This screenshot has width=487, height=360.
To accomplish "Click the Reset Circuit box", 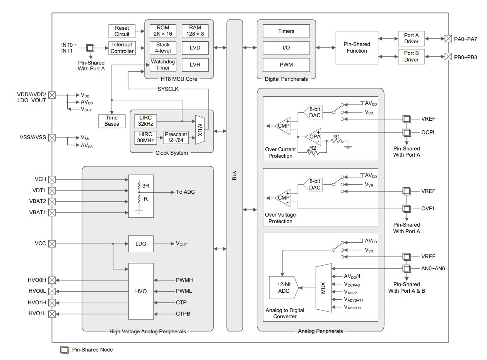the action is pyautogui.click(x=121, y=31).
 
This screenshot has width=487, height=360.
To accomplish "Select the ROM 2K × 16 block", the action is pyautogui.click(x=163, y=31).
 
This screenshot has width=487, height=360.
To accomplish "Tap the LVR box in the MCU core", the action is pyautogui.click(x=195, y=65).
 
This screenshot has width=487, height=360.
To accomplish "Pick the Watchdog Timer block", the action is pyautogui.click(x=163, y=65).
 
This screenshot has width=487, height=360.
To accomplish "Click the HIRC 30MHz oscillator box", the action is pyautogui.click(x=145, y=137).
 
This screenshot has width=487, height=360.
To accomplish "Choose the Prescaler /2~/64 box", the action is pyautogui.click(x=176, y=137).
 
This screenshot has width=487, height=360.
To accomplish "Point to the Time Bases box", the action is pyautogui.click(x=111, y=121).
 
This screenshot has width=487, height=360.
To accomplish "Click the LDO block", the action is pyautogui.click(x=141, y=244).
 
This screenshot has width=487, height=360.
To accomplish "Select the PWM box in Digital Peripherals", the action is pyautogui.click(x=286, y=65).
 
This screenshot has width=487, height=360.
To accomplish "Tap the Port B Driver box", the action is pyautogui.click(x=411, y=56).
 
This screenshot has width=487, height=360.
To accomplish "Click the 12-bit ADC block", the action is pyautogui.click(x=284, y=288).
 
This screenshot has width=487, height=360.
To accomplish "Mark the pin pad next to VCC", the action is pyautogui.click(x=52, y=244).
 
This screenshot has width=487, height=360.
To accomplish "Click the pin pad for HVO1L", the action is pyautogui.click(x=52, y=314).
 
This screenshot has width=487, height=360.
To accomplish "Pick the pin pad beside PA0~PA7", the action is pyautogui.click(x=448, y=39).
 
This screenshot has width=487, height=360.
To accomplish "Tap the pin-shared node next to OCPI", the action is pyautogui.click(x=407, y=133).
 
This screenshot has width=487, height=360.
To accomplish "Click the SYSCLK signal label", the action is pyautogui.click(x=168, y=89).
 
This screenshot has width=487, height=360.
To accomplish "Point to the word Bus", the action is pyautogui.click(x=234, y=176).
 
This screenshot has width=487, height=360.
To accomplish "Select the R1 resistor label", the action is pyautogui.click(x=337, y=137).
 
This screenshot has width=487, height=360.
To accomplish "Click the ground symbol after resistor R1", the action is pyautogui.click(x=348, y=147).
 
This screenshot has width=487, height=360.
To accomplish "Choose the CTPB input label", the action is pyautogui.click(x=183, y=314).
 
